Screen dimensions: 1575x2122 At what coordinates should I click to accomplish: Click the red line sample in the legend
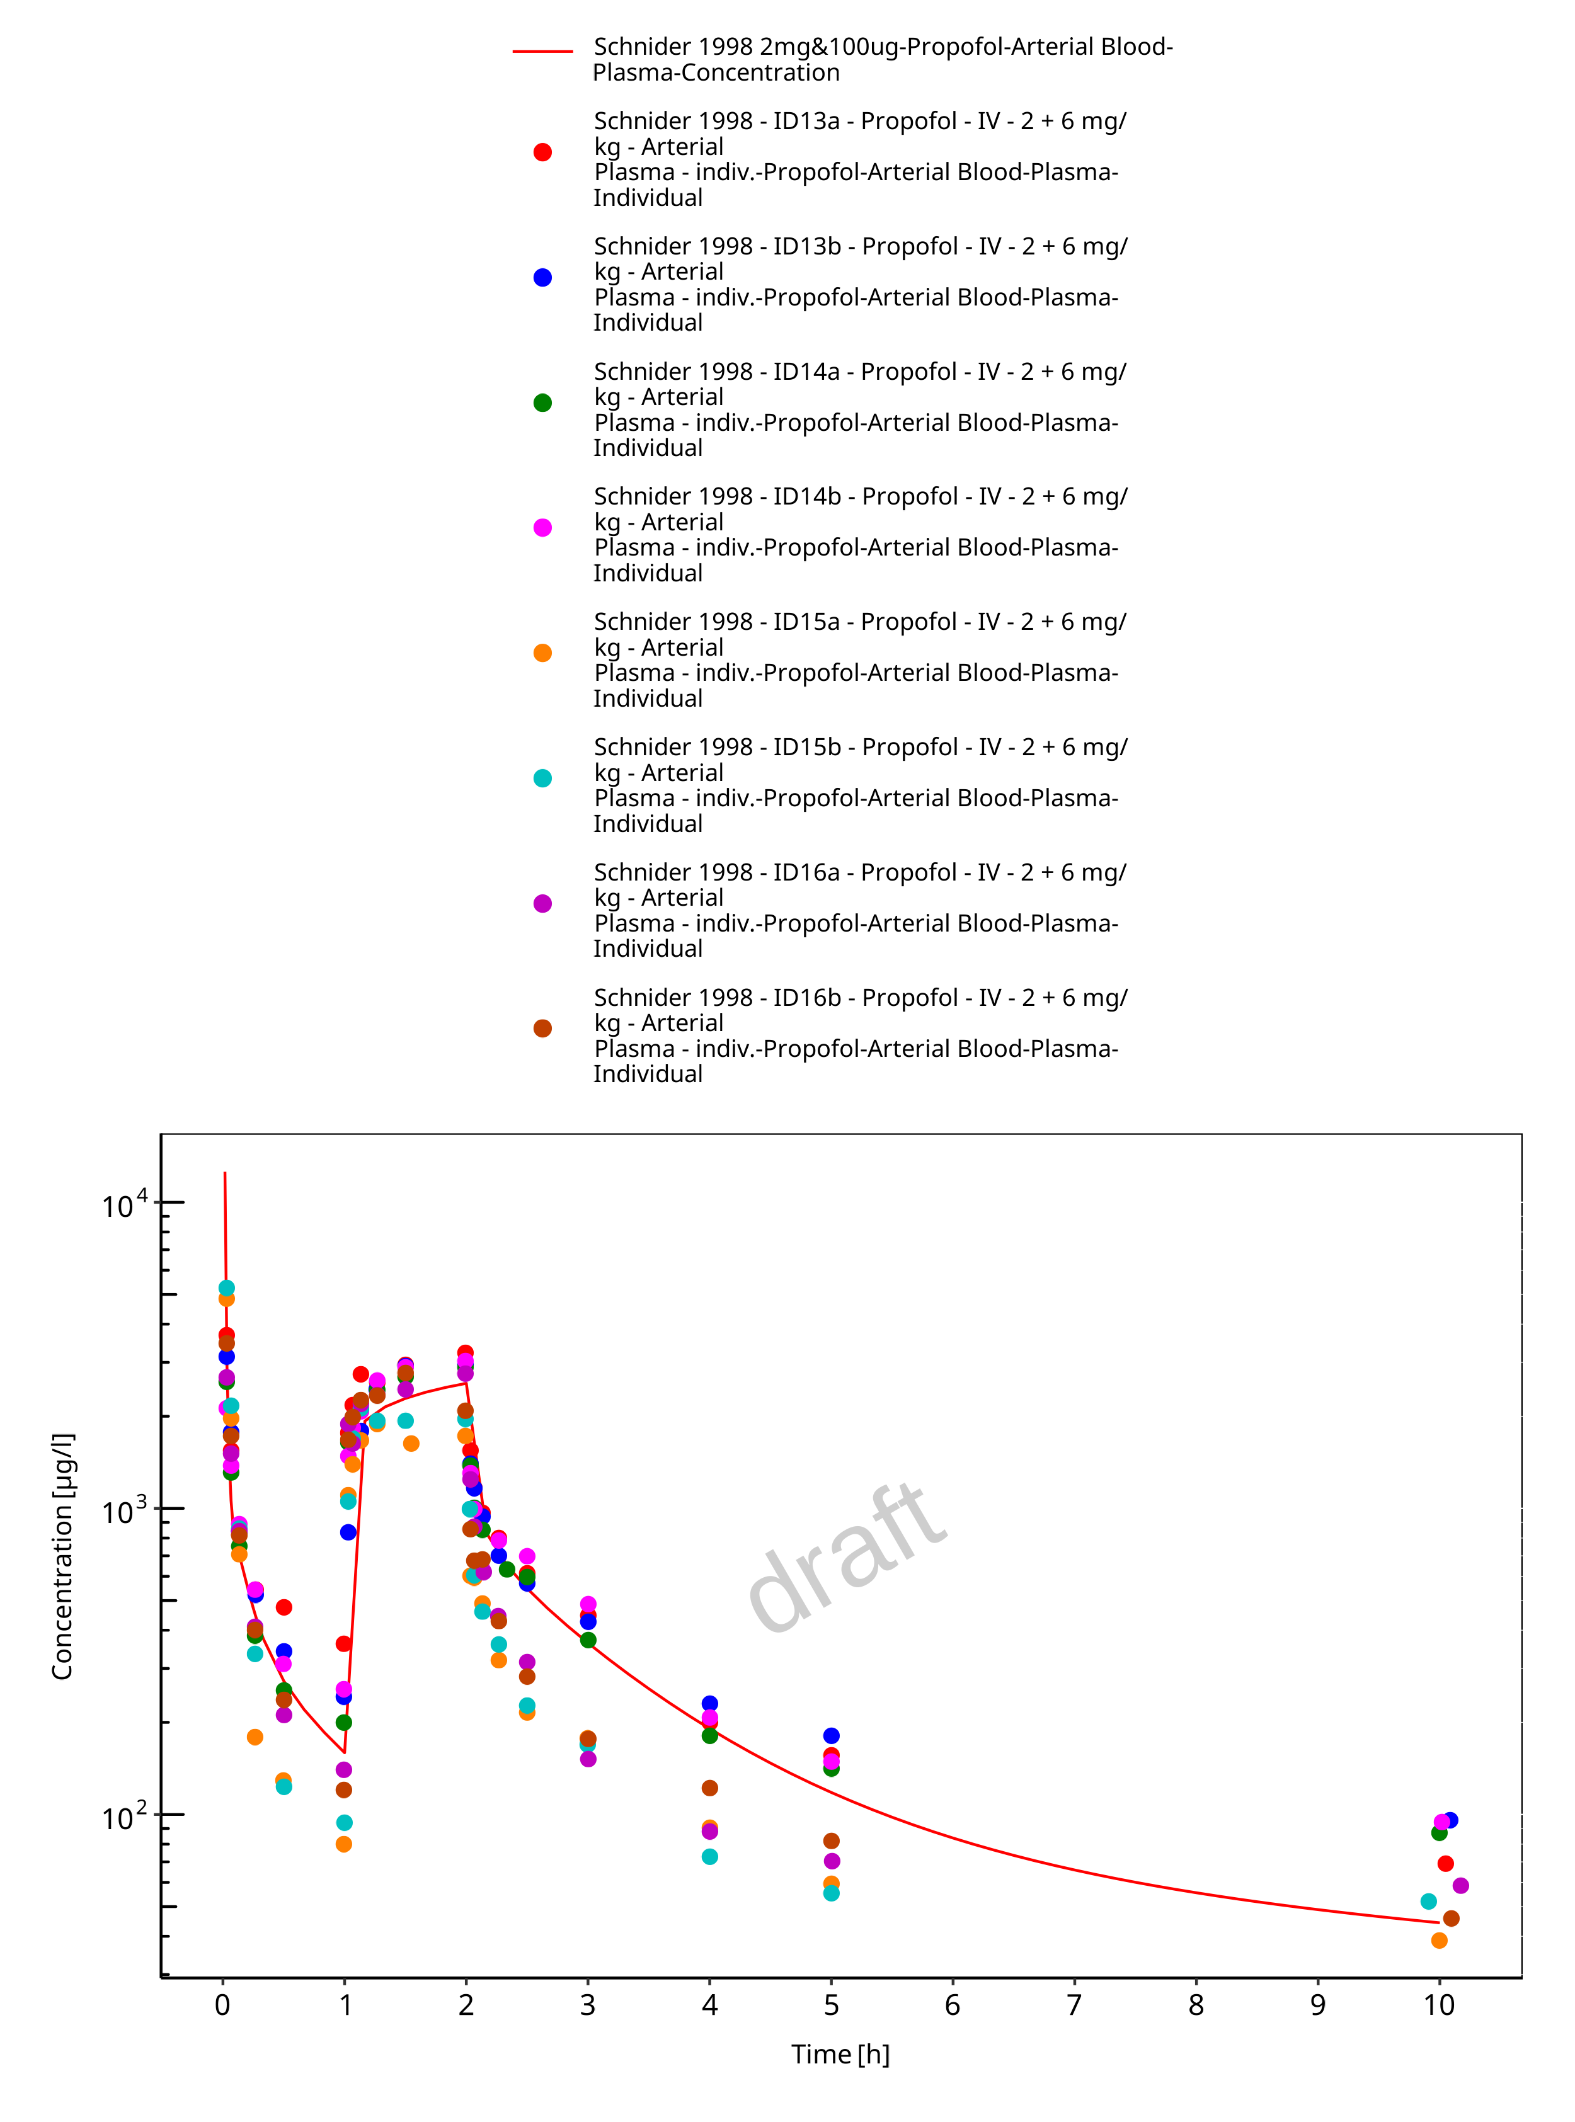542,50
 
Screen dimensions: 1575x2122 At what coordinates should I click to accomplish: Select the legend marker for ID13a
542,152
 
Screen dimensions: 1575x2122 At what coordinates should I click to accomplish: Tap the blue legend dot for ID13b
542,277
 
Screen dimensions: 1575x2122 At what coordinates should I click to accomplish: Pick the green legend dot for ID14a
542,403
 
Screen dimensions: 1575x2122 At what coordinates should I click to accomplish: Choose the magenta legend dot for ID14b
542,528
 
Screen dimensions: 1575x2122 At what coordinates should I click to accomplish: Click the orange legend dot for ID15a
542,653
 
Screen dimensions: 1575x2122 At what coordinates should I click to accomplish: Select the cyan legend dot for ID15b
542,778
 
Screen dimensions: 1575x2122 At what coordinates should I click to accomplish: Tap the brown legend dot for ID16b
542,1029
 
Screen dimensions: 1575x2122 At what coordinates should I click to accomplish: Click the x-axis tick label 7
1075,2005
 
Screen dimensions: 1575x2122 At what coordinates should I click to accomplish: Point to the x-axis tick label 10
1440,2005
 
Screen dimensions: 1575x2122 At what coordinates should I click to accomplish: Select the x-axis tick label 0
222,2005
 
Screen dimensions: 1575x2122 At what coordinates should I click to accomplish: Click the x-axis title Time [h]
840,2055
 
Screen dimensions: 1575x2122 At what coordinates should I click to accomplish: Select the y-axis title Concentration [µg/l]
63,1556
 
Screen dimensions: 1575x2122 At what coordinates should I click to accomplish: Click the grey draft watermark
847,1558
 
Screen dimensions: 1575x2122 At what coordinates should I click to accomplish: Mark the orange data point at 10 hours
1440,1941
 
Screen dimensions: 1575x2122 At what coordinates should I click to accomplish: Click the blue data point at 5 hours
832,1736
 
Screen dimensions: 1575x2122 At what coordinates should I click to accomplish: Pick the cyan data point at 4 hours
709,1857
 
